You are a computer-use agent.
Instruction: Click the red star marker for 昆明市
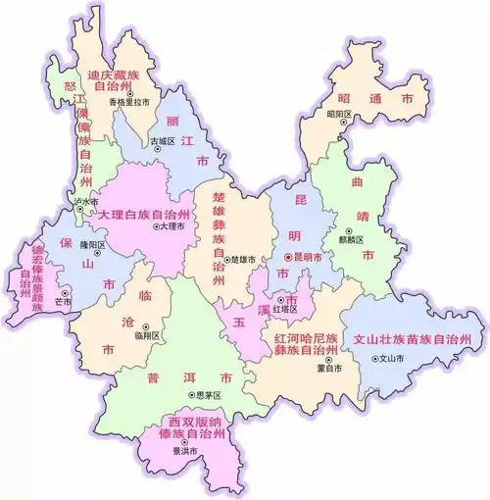coord(285,257)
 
